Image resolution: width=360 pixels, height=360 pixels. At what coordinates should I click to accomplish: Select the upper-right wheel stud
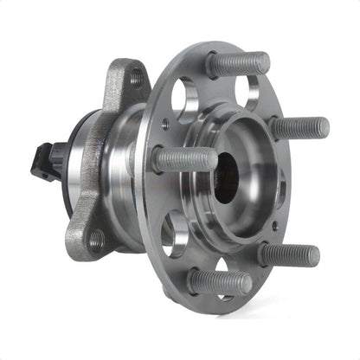tap(298, 128)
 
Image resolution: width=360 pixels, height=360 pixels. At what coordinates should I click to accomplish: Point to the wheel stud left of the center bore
tap(183, 158)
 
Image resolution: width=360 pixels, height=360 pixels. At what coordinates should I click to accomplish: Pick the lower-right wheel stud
tap(287, 254)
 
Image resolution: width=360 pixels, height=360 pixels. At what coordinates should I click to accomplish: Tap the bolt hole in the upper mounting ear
tap(136, 79)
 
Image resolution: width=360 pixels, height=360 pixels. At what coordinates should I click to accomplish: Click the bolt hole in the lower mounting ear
tap(97, 238)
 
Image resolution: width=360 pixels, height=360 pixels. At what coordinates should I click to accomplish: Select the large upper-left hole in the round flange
tap(184, 97)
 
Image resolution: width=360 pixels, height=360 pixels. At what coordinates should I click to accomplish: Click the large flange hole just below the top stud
tap(247, 90)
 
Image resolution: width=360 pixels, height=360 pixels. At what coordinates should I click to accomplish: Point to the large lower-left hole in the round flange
tap(173, 232)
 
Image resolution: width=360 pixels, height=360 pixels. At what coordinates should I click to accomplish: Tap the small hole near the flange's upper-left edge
tap(165, 125)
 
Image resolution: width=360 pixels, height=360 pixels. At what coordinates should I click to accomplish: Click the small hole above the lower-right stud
tap(275, 227)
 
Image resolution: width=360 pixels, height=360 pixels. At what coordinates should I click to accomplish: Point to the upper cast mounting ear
tap(125, 87)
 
